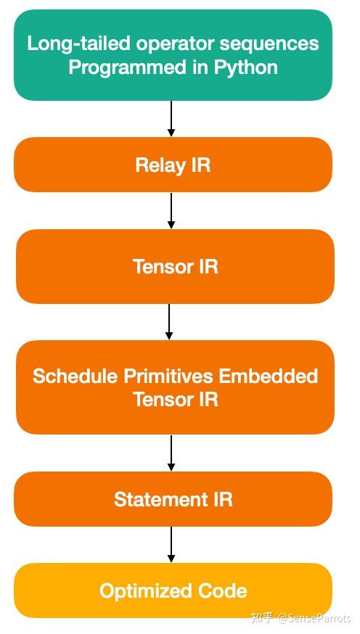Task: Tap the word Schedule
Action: pyautogui.click(x=75, y=376)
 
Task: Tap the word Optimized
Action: pyautogui.click(x=143, y=590)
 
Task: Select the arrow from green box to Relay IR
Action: pyautogui.click(x=171, y=118)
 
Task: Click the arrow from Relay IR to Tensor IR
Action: pyautogui.click(x=171, y=210)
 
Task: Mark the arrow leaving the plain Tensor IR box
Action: pyautogui.click(x=169, y=321)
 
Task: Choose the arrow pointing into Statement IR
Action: pyautogui.click(x=171, y=453)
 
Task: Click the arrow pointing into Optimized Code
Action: pyautogui.click(x=171, y=544)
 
